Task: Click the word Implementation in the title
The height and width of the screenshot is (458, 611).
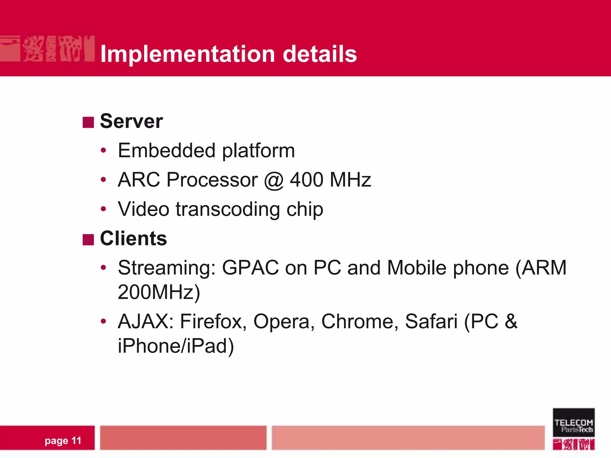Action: click(x=187, y=54)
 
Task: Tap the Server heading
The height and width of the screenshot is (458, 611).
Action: click(x=131, y=121)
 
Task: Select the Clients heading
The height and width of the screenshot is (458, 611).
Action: click(x=133, y=239)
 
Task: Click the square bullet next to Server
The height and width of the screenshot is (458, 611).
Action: click(x=88, y=122)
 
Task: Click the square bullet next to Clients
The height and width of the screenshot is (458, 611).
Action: click(x=88, y=239)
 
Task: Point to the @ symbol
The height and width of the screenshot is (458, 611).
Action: click(x=274, y=180)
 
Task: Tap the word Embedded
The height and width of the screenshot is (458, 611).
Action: click(x=166, y=151)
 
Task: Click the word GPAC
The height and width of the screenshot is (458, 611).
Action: click(x=250, y=268)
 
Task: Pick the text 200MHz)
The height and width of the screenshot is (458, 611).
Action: click(x=159, y=292)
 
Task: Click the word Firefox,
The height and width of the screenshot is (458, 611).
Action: click(x=213, y=322)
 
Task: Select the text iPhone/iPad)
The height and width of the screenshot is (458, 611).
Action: click(x=176, y=346)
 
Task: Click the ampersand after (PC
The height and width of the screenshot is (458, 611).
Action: click(x=511, y=322)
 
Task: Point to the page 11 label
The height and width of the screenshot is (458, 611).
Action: click(x=63, y=440)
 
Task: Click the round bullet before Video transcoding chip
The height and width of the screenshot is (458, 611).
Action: click(x=103, y=209)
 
